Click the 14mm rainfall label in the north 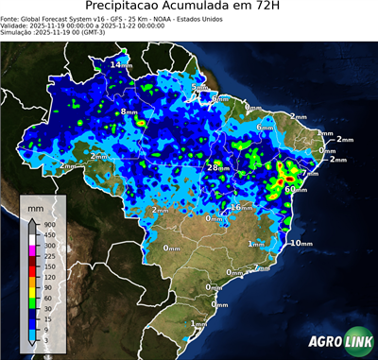click(121, 64)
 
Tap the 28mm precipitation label click(218, 167)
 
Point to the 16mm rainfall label click(241, 207)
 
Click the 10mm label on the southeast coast click(301, 243)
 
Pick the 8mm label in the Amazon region click(129, 112)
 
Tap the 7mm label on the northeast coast click(310, 173)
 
